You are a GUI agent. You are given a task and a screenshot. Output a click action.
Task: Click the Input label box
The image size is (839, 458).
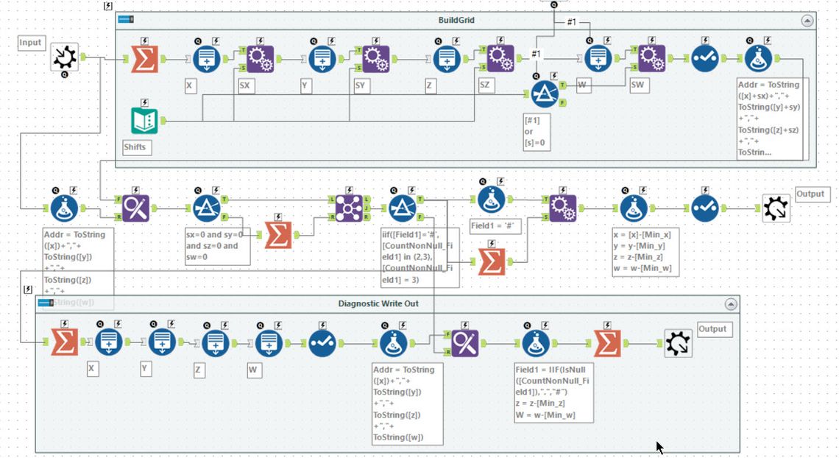31,43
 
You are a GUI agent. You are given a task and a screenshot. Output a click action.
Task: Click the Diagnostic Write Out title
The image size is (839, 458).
378,303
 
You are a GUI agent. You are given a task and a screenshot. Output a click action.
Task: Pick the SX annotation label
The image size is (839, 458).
246,86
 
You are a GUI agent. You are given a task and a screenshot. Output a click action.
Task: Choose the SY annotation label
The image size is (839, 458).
361,86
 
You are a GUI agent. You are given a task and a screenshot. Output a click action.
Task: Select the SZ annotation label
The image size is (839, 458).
484,86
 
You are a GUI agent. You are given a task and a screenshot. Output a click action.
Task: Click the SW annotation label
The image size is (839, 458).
638,86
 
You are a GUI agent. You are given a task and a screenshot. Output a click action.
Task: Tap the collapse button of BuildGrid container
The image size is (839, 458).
807,21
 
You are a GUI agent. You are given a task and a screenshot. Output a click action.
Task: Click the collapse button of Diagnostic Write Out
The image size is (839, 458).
730,303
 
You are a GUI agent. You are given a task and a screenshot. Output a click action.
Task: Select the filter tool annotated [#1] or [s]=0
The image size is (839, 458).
545,95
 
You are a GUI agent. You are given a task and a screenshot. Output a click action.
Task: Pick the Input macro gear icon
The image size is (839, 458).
65,57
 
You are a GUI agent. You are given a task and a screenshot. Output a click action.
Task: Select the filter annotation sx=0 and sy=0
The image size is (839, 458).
217,246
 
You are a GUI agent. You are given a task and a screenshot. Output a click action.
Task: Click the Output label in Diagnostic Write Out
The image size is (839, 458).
712,329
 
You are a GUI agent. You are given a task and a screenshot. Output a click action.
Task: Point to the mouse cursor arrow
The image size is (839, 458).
659,447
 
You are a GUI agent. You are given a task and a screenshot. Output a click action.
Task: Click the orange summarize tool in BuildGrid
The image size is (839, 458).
144,59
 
